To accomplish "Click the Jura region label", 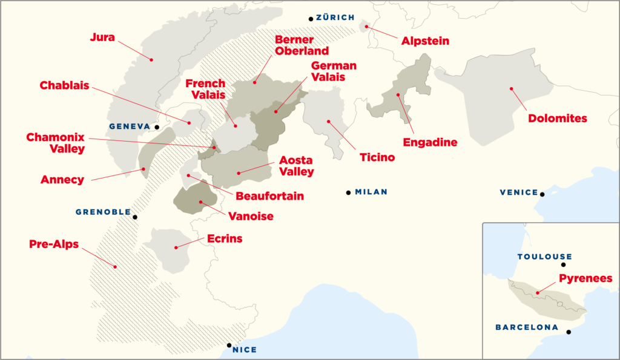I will click(102, 37).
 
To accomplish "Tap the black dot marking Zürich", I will click(311, 19).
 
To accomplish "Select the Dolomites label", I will click(558, 119).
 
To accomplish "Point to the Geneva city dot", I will click(156, 127).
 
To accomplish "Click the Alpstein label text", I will click(426, 42).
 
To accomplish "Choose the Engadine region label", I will click(429, 143).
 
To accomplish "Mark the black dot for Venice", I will click(542, 194).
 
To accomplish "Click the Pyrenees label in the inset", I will click(585, 279).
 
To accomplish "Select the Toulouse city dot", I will click(564, 264).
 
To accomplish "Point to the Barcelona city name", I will click(527, 327).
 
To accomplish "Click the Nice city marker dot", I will click(229, 345).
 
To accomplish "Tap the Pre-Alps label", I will click(54, 244).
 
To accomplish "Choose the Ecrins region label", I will click(224, 238).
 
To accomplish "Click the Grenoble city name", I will click(103, 212).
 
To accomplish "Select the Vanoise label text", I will click(251, 216).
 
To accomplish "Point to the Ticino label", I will click(377, 157).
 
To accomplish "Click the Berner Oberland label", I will click(302, 45).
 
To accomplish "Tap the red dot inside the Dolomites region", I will click(512, 89).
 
